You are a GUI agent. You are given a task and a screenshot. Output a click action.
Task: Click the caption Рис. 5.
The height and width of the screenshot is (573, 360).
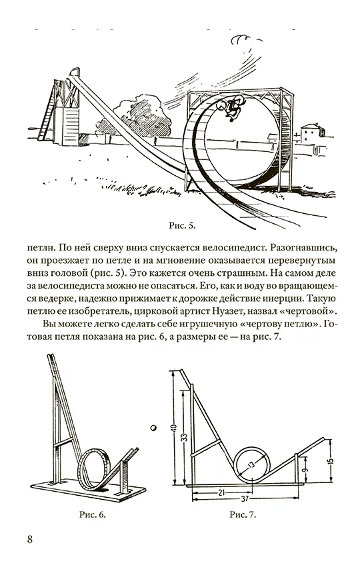182,225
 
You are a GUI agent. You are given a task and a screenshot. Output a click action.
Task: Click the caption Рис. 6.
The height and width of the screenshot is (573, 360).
93,514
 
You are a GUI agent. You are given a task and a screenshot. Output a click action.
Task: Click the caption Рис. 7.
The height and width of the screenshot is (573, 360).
243,514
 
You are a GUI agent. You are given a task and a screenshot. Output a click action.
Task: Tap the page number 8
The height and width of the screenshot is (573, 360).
29,539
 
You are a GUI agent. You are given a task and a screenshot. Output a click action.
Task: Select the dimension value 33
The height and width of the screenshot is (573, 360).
185,436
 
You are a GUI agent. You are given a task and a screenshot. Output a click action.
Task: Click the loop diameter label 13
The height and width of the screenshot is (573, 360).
251,466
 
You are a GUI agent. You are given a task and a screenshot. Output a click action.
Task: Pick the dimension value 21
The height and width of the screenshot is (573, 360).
221,492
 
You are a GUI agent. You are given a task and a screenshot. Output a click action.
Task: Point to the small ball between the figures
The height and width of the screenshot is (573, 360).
154,427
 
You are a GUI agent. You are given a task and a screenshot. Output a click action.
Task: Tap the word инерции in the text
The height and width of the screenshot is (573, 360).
283,298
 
